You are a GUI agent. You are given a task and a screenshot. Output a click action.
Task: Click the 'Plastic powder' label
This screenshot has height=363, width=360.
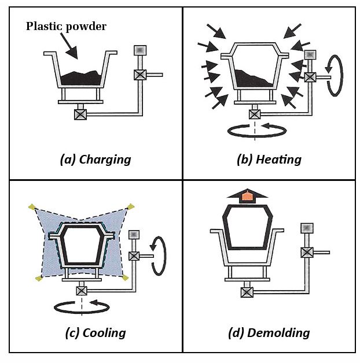(66, 26)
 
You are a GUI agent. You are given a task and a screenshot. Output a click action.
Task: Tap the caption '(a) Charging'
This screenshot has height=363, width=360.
(95, 160)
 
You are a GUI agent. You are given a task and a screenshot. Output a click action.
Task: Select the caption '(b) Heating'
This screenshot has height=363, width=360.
(269, 160)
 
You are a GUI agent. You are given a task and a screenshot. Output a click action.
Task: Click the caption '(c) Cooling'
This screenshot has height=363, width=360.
(95, 332)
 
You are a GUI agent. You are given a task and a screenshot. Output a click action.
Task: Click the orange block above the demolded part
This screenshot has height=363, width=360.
(247, 197)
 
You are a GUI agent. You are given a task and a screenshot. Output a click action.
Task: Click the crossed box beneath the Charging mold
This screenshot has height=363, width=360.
(80, 114)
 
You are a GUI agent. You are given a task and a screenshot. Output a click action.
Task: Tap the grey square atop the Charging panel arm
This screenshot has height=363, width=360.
(140, 50)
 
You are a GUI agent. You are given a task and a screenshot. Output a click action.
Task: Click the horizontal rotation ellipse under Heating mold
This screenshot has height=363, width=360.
(255, 131)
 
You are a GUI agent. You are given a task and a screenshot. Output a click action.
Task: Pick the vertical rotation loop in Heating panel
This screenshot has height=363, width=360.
(335, 75)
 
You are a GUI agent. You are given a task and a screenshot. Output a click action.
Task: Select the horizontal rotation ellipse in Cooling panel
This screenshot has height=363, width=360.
(81, 306)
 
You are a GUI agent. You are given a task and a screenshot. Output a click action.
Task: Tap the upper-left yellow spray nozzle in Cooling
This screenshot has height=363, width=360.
(32, 206)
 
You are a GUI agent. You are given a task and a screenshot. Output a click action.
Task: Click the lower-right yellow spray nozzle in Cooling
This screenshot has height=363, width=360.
(125, 278)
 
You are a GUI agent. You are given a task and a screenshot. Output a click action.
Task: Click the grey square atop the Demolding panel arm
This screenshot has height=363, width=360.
(307, 228)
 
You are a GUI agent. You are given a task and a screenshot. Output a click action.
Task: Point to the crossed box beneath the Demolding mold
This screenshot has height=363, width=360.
(247, 292)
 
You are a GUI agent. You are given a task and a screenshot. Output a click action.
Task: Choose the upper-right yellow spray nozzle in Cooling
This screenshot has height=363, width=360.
(131, 206)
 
